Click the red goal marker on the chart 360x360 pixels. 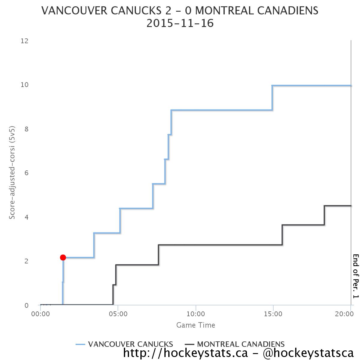(x=63, y=257)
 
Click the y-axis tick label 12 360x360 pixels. (x=24, y=41)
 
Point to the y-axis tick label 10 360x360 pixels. (x=24, y=85)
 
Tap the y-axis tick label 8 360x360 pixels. (x=26, y=129)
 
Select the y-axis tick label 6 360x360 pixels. (x=26, y=173)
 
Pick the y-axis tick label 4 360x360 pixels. (x=26, y=217)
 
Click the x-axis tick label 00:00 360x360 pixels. (x=40, y=314)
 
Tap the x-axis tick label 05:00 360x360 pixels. (x=118, y=314)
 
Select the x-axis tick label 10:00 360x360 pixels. (x=196, y=314)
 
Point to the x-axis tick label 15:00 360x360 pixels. (x=273, y=314)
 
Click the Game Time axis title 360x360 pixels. (x=196, y=325)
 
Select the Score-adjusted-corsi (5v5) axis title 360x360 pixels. (x=12, y=173)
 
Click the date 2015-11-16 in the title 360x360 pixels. (x=180, y=23)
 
